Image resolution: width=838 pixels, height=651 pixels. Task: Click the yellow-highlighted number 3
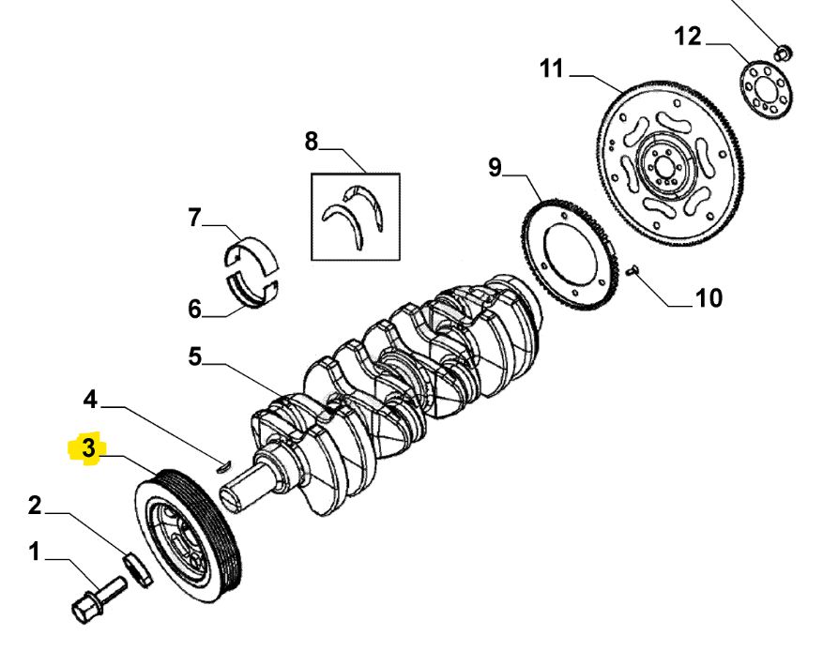89,448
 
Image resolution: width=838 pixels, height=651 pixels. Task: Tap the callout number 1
34,552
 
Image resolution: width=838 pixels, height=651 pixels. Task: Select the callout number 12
687,37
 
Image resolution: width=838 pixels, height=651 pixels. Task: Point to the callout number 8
311,142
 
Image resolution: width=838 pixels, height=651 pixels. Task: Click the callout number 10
708,298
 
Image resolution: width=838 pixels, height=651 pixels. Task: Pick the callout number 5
195,356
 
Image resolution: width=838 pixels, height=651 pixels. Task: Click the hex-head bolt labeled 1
99,599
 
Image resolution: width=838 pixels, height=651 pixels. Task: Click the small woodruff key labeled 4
222,465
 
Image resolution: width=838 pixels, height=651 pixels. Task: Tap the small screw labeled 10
632,270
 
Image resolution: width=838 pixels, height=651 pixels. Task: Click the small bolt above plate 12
784,53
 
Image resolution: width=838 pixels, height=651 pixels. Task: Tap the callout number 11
552,68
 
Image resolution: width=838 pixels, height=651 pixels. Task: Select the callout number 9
495,168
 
